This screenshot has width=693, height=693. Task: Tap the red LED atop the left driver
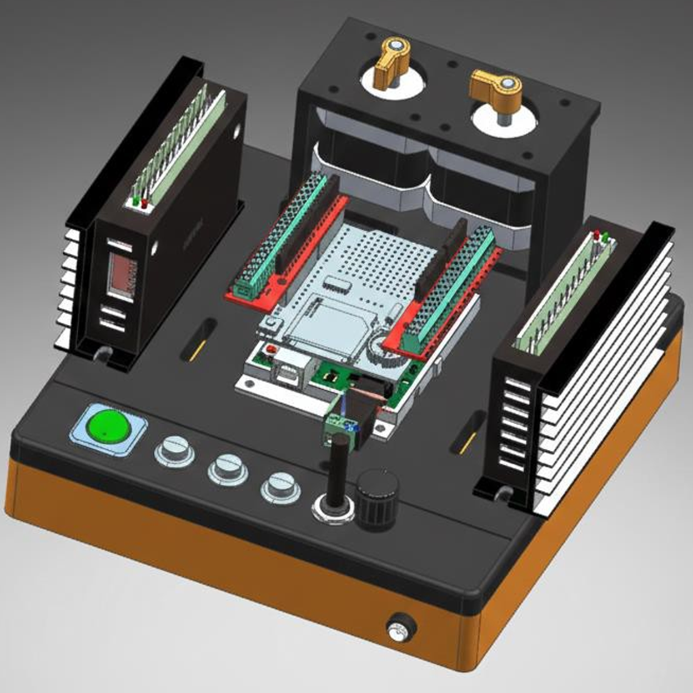(145, 203)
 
